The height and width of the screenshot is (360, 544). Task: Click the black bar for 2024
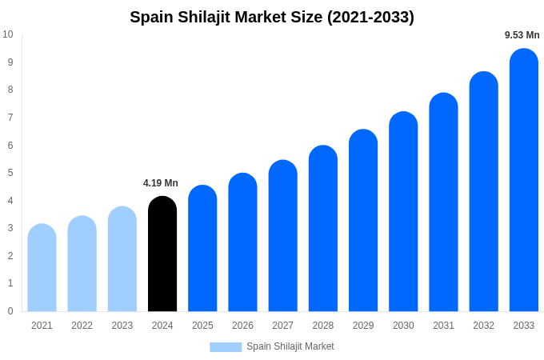pos(162,254)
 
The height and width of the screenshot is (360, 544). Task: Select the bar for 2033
pos(524,181)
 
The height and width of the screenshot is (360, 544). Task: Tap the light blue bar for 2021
pos(42,268)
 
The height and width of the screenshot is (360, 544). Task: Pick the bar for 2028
pos(323,229)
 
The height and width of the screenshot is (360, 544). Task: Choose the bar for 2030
pos(403,212)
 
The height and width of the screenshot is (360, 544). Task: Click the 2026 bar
pos(242,242)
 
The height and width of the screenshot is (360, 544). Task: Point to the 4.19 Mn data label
pos(161,183)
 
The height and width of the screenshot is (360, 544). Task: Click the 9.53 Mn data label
pos(522,35)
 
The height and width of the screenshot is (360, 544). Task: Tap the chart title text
pos(272,17)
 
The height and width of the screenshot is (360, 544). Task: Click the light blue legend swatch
pos(226,347)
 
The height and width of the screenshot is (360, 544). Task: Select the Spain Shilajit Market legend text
pos(290,346)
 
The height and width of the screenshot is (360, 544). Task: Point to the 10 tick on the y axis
pos(8,34)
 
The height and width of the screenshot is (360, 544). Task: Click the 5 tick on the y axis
pos(10,173)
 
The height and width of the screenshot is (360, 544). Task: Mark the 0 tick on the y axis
pos(10,311)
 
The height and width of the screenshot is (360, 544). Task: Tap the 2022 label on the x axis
pos(82,326)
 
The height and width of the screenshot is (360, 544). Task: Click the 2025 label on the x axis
pos(202,326)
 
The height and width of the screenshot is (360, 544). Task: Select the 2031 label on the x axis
pos(443,326)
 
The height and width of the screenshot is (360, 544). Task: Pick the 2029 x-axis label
pos(363,326)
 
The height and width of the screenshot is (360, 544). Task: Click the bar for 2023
pos(122,259)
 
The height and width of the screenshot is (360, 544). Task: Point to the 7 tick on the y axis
pos(10,118)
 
